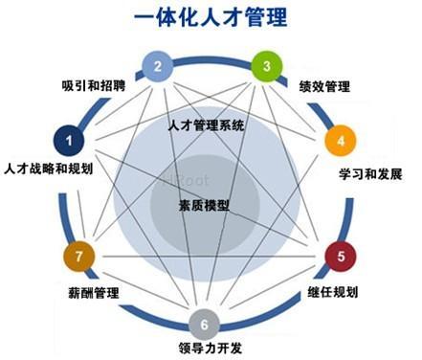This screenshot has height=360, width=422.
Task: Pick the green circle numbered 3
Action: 265,67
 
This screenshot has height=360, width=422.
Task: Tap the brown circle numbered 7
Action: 78,257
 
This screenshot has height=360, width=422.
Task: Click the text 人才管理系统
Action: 206,124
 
